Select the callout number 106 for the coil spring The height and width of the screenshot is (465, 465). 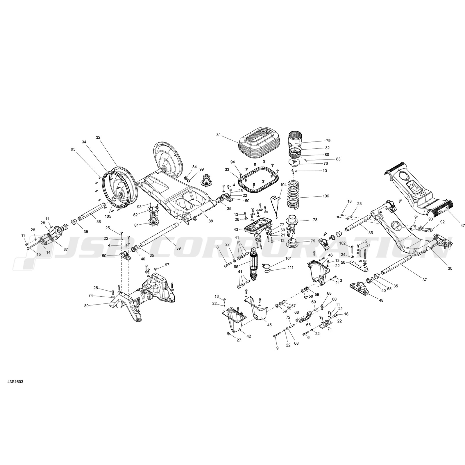325,196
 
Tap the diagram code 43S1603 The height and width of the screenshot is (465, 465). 15,381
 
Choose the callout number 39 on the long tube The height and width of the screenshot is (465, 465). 178,248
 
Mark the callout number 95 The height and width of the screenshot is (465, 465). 73,149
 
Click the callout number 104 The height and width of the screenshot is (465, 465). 283,185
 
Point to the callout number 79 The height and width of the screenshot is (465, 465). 328,141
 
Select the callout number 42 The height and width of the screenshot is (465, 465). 249,336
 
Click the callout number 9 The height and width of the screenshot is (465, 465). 277,348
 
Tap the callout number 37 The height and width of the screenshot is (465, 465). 425,280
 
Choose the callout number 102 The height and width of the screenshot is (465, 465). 342,243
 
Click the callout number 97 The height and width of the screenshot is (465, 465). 167,265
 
